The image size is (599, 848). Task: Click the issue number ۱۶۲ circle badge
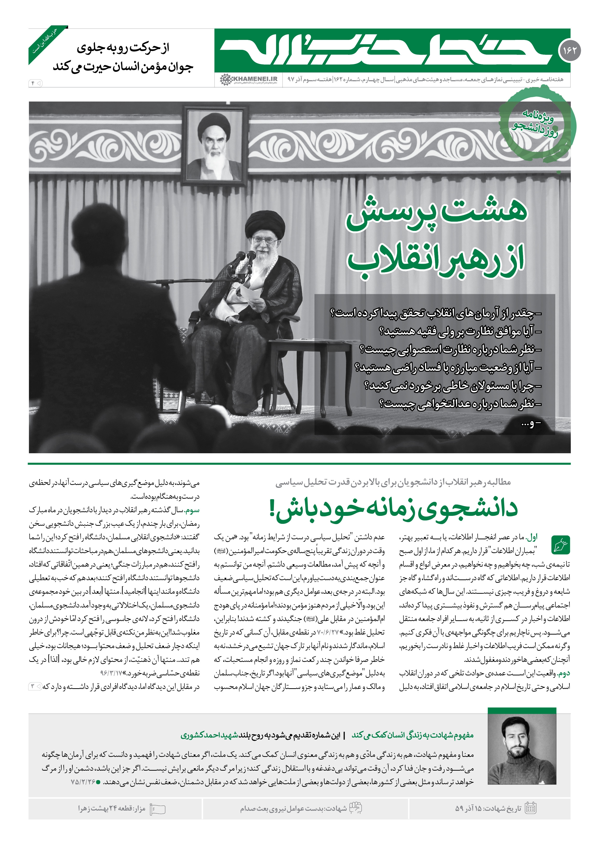point(570,50)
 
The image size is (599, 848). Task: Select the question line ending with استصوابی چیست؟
point(450,349)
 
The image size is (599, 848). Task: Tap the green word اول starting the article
point(532,537)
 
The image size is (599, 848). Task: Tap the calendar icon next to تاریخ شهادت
point(530,809)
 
